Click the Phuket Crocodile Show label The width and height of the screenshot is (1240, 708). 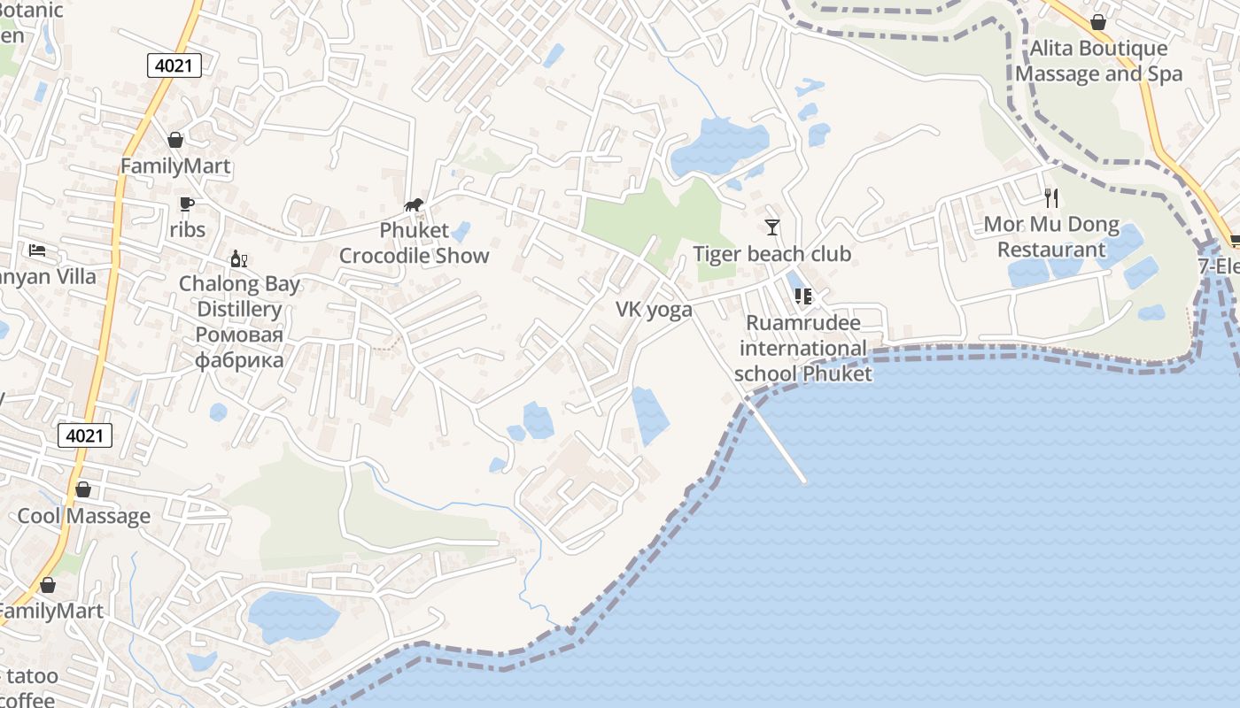pyautogui.click(x=415, y=243)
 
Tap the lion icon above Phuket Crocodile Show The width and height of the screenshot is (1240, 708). pyautogui.click(x=414, y=205)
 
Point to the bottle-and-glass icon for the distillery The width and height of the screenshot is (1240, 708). pyautogui.click(x=238, y=258)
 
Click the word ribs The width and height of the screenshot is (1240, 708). pyautogui.click(x=187, y=230)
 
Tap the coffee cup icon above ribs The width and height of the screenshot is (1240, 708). pyautogui.click(x=187, y=204)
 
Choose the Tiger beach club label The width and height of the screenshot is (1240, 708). pyautogui.click(x=771, y=254)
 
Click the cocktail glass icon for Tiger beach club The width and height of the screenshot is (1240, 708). pyautogui.click(x=772, y=227)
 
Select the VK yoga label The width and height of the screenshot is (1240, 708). pyautogui.click(x=654, y=310)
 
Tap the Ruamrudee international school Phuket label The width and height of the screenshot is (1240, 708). pyautogui.click(x=802, y=348)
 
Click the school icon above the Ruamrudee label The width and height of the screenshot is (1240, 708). pyautogui.click(x=802, y=296)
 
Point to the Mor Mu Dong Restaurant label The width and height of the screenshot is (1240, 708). pyautogui.click(x=1051, y=236)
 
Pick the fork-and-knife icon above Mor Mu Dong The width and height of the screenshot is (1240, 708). pyautogui.click(x=1051, y=197)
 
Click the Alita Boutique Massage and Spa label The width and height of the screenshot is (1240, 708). pyautogui.click(x=1098, y=60)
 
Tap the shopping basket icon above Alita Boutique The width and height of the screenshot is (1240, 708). pyautogui.click(x=1098, y=22)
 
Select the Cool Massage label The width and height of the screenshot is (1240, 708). pyautogui.click(x=84, y=516)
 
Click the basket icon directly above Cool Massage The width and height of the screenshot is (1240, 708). pyautogui.click(x=83, y=489)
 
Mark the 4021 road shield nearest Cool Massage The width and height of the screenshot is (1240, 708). pyautogui.click(x=86, y=435)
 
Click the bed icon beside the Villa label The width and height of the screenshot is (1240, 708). pyautogui.click(x=37, y=250)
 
